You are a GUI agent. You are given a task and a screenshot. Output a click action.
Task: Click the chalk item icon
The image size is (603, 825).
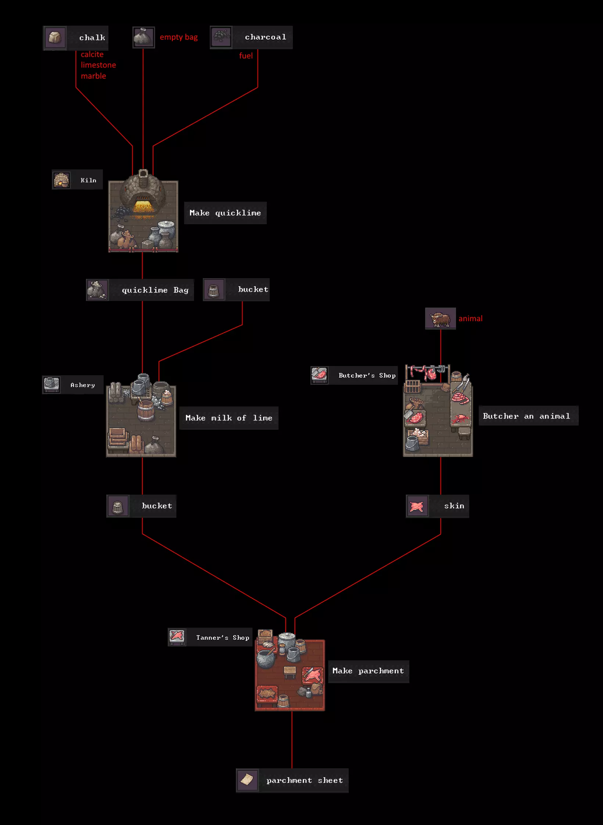click(55, 37)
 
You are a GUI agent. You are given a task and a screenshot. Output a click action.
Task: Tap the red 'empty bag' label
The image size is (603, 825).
click(179, 37)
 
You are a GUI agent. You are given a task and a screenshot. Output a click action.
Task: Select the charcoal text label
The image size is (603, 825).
click(265, 37)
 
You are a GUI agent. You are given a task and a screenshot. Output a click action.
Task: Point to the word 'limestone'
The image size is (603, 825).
click(98, 65)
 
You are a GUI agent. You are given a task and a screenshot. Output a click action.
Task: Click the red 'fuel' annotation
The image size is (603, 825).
click(246, 56)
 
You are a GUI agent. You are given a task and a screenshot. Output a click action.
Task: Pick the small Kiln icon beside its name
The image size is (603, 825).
click(61, 180)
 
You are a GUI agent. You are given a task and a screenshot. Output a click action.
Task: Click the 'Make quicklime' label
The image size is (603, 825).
click(225, 213)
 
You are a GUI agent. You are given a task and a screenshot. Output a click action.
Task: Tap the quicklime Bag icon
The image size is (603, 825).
click(97, 290)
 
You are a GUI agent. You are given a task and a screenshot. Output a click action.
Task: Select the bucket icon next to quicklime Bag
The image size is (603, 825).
click(214, 290)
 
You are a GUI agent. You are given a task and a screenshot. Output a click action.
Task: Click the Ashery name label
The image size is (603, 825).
click(83, 385)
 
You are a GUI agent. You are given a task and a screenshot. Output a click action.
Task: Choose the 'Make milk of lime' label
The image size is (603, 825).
click(229, 418)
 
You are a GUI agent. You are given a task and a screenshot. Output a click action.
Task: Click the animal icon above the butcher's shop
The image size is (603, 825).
click(440, 319)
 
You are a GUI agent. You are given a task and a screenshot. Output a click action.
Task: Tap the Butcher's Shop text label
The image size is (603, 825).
click(367, 376)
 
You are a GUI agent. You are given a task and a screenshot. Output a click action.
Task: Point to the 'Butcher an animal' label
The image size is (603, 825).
click(527, 416)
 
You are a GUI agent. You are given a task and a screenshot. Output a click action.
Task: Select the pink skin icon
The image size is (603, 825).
click(417, 506)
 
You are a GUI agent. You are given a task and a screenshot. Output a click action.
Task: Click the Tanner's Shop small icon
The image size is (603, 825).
click(177, 637)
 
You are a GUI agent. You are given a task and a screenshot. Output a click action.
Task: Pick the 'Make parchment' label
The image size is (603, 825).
click(368, 671)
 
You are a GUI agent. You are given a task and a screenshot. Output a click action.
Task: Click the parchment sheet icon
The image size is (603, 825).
click(247, 780)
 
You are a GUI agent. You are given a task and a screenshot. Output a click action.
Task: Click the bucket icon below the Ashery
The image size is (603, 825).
click(118, 506)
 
